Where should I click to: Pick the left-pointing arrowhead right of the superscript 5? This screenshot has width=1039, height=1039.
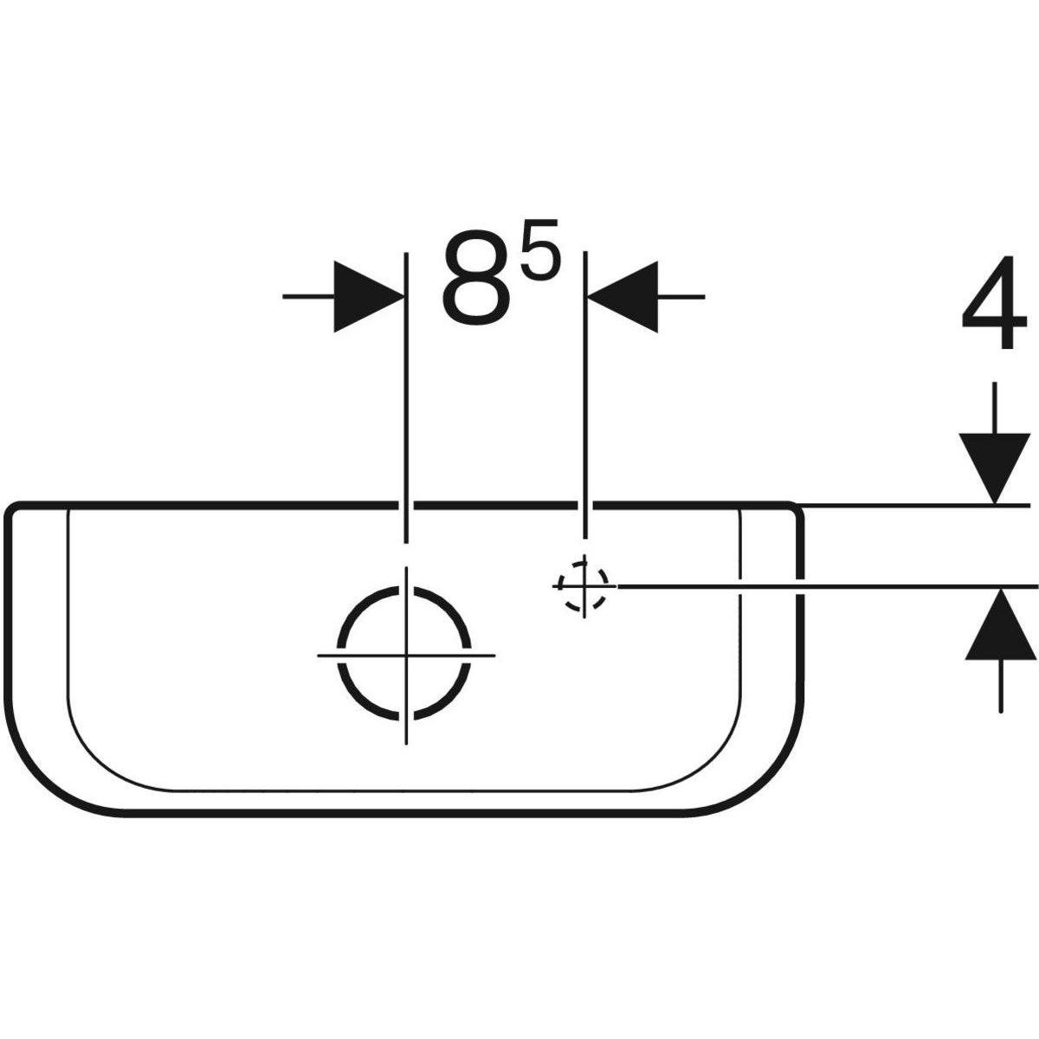(x=623, y=296)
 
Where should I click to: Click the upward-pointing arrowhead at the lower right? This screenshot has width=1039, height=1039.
(x=1000, y=624)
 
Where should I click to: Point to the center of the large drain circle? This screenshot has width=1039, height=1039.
(x=406, y=653)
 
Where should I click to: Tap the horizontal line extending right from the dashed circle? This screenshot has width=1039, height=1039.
(x=823, y=586)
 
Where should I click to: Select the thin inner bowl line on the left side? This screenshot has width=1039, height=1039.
(x=68, y=623)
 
